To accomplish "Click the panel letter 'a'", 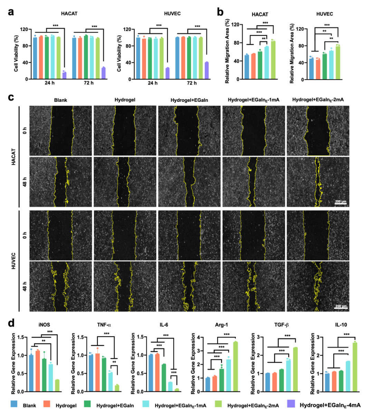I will pos(11,12).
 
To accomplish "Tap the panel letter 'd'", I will pos(11,323).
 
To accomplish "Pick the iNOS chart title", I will pos(44,325).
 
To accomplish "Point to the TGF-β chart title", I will pos(281,325).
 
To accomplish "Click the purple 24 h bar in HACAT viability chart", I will pos(64,75).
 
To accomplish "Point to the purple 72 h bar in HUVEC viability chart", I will pos(207,70).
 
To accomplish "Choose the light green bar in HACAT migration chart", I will pos(273,60).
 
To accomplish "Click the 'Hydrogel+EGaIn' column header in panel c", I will pos(189,100).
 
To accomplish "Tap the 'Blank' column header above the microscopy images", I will pos(60,100).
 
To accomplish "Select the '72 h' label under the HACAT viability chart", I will pos(89,83).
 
